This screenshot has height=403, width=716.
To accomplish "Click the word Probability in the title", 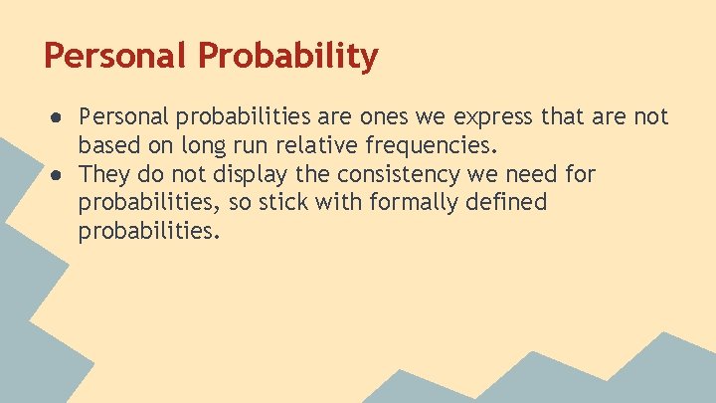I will (288, 56).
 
